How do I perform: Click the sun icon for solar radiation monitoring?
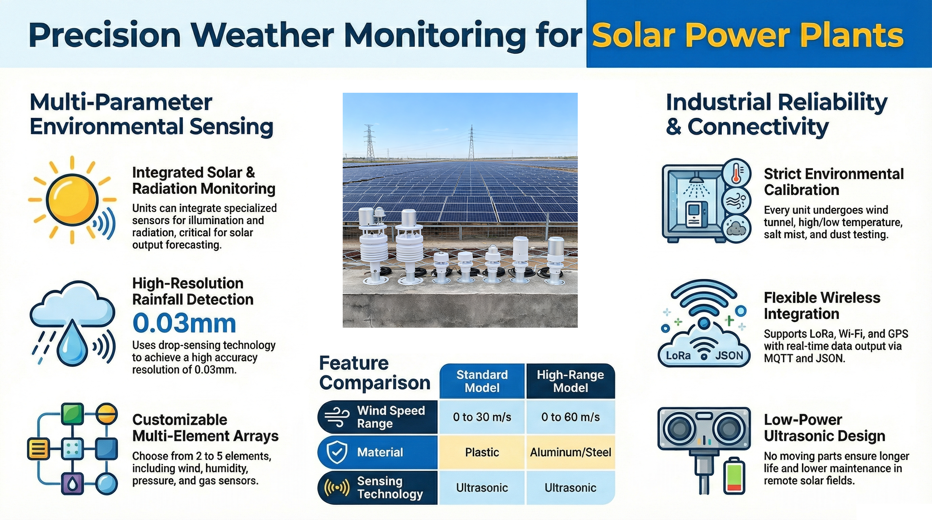(x=72, y=200)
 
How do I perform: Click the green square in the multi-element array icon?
(x=72, y=414)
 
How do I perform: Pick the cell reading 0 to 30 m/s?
(x=482, y=417)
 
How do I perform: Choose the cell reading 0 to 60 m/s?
(x=570, y=417)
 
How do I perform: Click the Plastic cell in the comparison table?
(x=482, y=452)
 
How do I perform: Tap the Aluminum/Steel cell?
(x=570, y=452)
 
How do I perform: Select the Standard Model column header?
(x=482, y=381)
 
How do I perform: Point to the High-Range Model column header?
(x=570, y=381)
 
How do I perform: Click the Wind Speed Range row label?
(x=391, y=417)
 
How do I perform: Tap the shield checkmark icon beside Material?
(x=337, y=452)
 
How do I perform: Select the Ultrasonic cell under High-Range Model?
(x=570, y=487)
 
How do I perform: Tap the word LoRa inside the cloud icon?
(x=678, y=356)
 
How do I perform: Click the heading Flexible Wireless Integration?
(x=821, y=306)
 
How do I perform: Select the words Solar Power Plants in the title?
(x=747, y=35)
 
